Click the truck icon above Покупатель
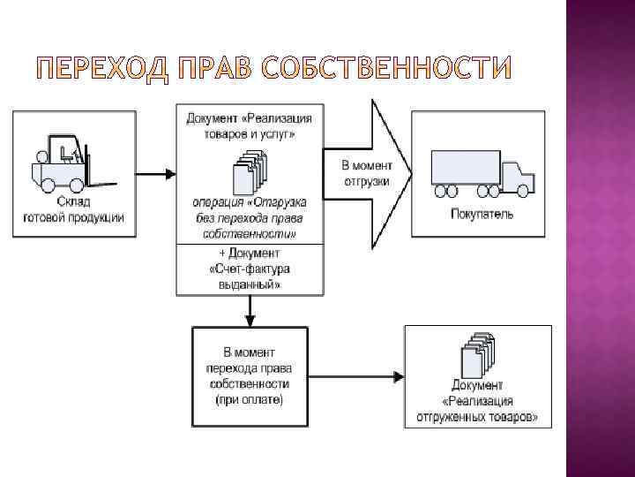(482, 172)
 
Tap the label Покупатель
(482, 214)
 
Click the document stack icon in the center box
(248, 171)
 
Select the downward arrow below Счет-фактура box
(250, 309)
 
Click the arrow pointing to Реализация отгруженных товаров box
(356, 377)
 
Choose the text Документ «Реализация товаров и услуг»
(249, 125)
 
